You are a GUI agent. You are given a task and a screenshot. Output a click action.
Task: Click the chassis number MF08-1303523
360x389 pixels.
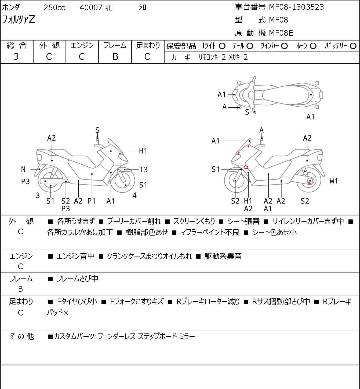(x=296, y=7)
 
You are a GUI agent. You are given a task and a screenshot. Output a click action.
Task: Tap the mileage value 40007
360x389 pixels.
(x=91, y=8)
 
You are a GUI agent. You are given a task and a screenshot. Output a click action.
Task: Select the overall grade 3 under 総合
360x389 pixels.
(x=16, y=57)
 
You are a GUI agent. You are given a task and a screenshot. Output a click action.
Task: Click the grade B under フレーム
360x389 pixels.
(x=115, y=57)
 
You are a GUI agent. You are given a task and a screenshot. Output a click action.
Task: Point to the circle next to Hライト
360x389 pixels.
(x=222, y=46)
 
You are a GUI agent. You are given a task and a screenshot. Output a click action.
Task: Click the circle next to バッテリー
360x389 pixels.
(x=353, y=46)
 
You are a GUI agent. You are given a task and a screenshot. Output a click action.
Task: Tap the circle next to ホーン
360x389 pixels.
(x=313, y=46)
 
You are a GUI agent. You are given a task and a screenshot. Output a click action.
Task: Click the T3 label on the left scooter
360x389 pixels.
(x=143, y=170)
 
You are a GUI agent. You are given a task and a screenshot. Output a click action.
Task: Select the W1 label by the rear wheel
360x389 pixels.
(x=333, y=181)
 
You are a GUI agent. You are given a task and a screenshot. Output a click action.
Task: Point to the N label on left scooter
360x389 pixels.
(x=23, y=169)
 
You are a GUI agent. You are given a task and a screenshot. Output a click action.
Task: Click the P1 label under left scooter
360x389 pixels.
(x=92, y=201)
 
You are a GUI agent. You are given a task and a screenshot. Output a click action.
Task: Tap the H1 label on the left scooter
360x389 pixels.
(x=143, y=151)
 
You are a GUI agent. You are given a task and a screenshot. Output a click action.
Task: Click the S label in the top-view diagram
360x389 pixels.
(x=247, y=112)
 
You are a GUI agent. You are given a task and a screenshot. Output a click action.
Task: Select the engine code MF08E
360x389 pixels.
(x=281, y=33)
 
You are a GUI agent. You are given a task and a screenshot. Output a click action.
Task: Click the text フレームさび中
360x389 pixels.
(x=77, y=279)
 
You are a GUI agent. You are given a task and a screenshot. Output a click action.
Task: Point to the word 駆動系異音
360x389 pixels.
(x=223, y=256)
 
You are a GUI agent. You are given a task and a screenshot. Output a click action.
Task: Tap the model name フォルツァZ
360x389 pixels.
(x=19, y=20)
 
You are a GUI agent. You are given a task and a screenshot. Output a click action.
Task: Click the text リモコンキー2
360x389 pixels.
(x=212, y=57)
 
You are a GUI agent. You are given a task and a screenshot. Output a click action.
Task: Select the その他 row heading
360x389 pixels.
(x=21, y=336)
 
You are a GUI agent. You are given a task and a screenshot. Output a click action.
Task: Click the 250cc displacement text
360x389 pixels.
(x=54, y=8)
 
